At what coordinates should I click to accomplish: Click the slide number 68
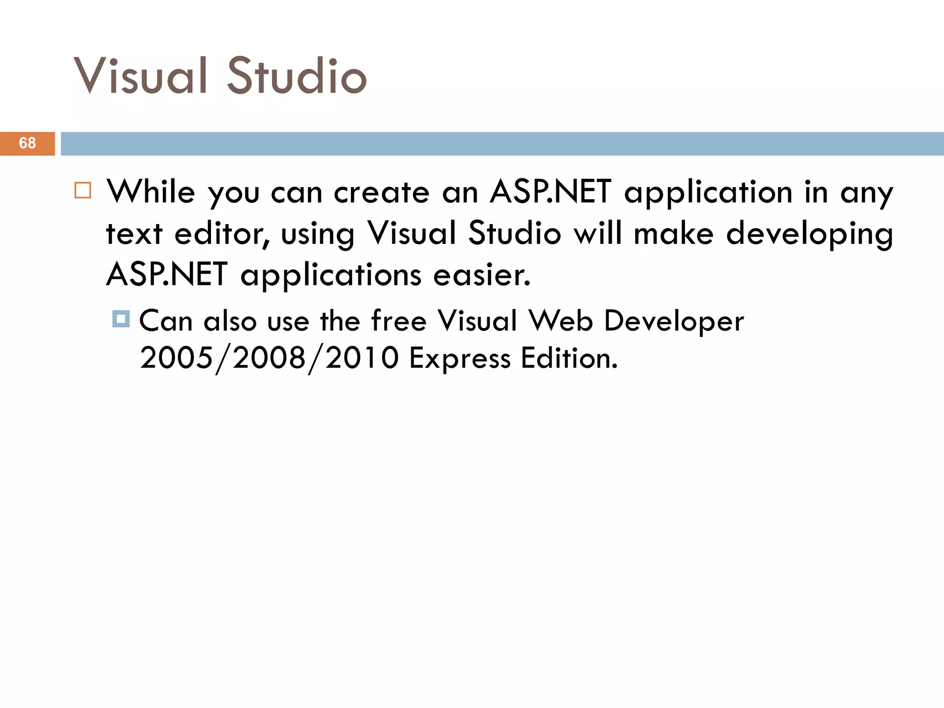pos(27,143)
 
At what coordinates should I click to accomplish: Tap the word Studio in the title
pos(297,76)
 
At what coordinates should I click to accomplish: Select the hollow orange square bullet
pos(83,190)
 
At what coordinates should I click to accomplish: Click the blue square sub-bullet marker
pos(121,319)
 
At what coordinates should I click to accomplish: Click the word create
pos(382,192)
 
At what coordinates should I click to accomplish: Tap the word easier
pos(482,275)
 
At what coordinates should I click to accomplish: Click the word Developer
pos(674,321)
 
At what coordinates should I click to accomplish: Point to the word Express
pos(460,359)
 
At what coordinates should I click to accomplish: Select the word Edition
pos(569,358)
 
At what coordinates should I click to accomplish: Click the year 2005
pos(177,358)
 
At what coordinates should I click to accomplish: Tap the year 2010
pos(362,358)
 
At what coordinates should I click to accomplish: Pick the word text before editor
pos(134,234)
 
